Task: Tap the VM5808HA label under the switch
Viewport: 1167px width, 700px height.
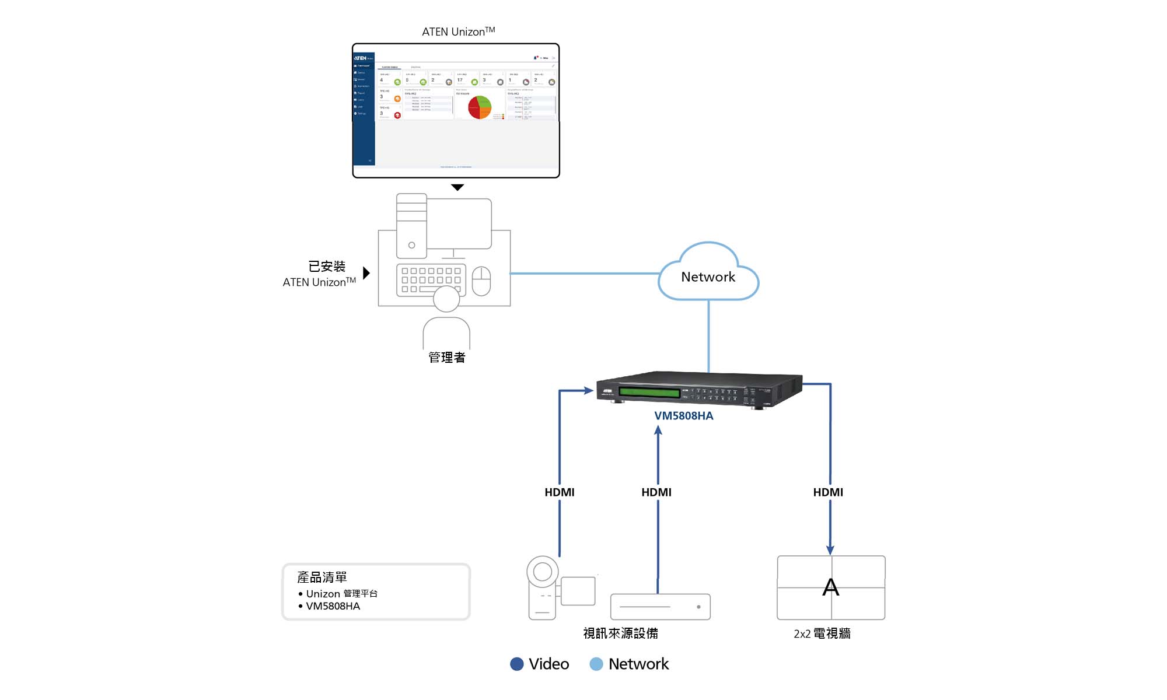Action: tap(683, 416)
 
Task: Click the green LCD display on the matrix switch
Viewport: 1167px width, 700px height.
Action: tap(649, 392)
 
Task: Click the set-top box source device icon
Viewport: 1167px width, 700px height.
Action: tap(660, 607)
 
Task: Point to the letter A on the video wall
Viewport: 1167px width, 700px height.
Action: tap(830, 587)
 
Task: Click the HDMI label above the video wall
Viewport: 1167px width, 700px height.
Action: tap(827, 492)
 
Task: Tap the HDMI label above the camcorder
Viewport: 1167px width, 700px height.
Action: tap(559, 492)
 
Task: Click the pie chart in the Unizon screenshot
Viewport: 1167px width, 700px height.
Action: tap(480, 107)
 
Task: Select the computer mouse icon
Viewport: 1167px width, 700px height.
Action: tap(481, 281)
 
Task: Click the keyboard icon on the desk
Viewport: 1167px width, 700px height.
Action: tap(431, 280)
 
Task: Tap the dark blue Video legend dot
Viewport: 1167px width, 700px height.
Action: tap(516, 664)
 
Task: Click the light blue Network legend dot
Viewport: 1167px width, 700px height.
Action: tap(596, 664)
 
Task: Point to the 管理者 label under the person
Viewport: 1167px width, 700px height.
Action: tap(446, 358)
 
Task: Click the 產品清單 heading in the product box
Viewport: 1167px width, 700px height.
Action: tap(322, 577)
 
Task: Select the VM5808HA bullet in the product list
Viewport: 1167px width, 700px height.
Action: tap(333, 606)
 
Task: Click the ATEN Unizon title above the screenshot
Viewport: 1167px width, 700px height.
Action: tap(458, 32)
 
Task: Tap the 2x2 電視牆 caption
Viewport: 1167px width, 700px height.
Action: tap(822, 633)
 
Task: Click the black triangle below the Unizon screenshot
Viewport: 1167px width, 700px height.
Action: tap(457, 187)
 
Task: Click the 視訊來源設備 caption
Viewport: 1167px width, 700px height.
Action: tap(620, 633)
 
